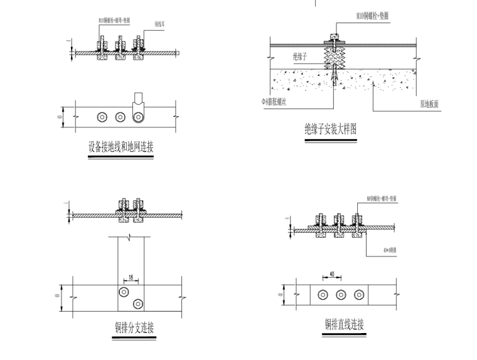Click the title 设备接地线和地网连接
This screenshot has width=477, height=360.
click(121, 147)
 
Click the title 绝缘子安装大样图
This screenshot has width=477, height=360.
click(330, 129)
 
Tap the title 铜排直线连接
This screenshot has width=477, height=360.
click(344, 325)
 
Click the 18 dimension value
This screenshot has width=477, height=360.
click(131, 276)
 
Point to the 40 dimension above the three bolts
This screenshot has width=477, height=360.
click(331, 274)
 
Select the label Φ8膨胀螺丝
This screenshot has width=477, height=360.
click(274, 101)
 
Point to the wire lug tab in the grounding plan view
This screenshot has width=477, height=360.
click(138, 100)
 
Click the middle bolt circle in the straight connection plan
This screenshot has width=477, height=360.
click(341, 295)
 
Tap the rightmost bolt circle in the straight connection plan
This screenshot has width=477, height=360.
click(358, 295)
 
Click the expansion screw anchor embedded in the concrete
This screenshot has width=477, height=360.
click(336, 77)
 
